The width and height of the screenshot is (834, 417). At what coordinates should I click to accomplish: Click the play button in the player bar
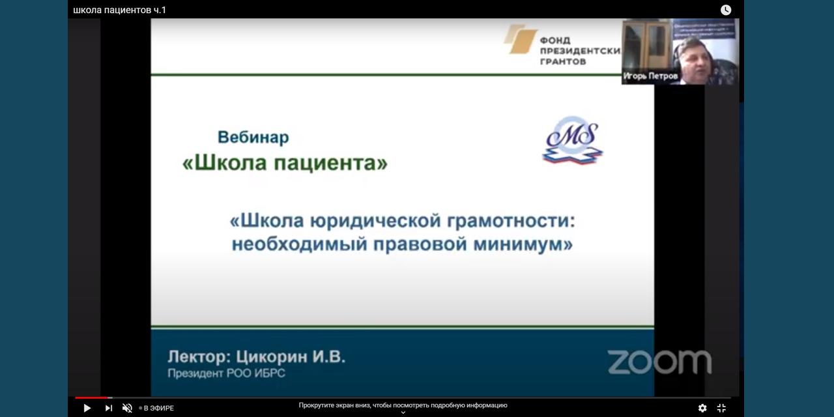87,408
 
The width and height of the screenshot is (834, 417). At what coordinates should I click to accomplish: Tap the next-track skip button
108,408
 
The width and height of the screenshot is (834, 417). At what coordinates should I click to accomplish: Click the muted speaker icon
127,408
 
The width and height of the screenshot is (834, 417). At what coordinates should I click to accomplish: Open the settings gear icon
702,408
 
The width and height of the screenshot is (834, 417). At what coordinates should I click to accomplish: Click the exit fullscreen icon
721,408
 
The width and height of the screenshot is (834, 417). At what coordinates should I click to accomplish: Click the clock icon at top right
726,10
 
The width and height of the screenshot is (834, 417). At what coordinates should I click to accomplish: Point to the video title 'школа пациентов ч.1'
119,10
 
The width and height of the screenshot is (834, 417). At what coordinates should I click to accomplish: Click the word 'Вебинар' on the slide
253,137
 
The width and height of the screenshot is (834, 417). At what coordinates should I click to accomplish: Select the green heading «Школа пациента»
285,163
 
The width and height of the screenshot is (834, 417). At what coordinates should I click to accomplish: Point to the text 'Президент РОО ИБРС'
226,373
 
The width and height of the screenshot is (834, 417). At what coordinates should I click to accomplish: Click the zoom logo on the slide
659,362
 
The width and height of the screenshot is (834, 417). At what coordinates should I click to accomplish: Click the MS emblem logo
572,140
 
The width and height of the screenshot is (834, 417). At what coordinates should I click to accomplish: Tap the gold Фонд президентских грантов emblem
520,38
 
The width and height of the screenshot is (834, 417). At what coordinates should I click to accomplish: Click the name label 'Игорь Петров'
650,76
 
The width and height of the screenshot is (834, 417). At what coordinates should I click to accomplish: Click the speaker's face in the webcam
693,61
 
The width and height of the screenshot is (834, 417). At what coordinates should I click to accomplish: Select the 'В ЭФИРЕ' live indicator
157,409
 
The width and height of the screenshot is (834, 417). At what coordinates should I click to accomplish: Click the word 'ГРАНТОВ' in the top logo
563,61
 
